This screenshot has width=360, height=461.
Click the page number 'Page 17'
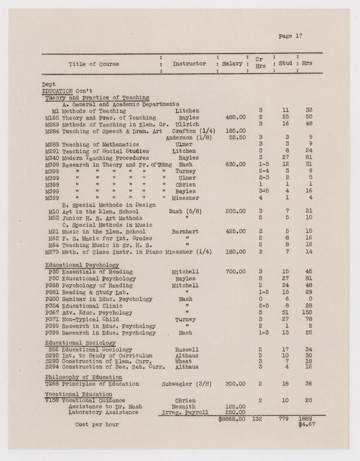point(290,36)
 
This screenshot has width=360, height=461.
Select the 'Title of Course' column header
point(94,64)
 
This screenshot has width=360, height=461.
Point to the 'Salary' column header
point(232,64)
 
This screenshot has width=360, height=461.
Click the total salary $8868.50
point(231,418)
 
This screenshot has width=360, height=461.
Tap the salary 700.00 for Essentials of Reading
point(235,272)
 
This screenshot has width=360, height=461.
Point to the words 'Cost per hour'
point(97,423)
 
